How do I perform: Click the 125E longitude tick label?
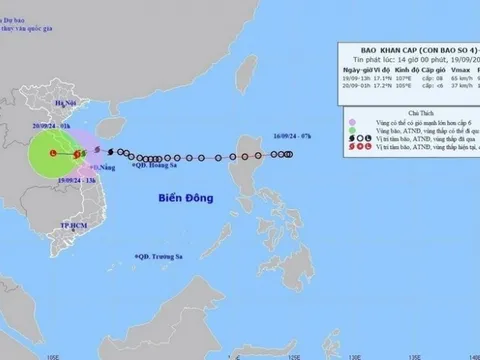[x=299, y=351]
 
